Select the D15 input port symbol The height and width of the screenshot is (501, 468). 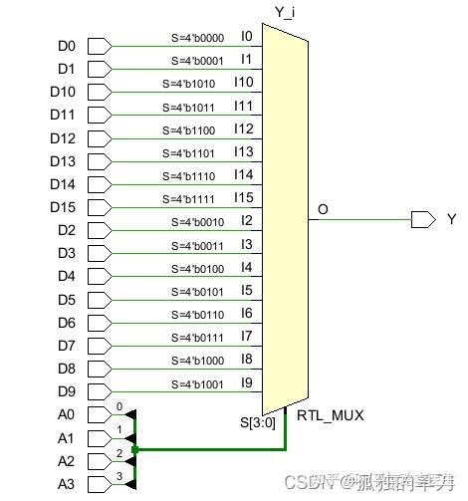tap(101, 206)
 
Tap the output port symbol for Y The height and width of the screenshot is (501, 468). tap(422, 219)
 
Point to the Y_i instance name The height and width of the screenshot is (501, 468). tap(286, 13)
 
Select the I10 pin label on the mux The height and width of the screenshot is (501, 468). tap(244, 82)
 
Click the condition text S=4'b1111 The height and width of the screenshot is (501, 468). tap(197, 199)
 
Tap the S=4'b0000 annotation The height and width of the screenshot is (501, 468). tap(197, 38)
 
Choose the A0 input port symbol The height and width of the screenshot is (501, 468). tap(101, 414)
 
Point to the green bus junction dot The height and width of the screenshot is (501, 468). tap(133, 449)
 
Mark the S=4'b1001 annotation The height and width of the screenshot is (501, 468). tap(197, 383)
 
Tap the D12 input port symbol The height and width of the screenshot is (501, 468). tap(101, 137)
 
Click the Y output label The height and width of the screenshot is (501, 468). tap(451, 219)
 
